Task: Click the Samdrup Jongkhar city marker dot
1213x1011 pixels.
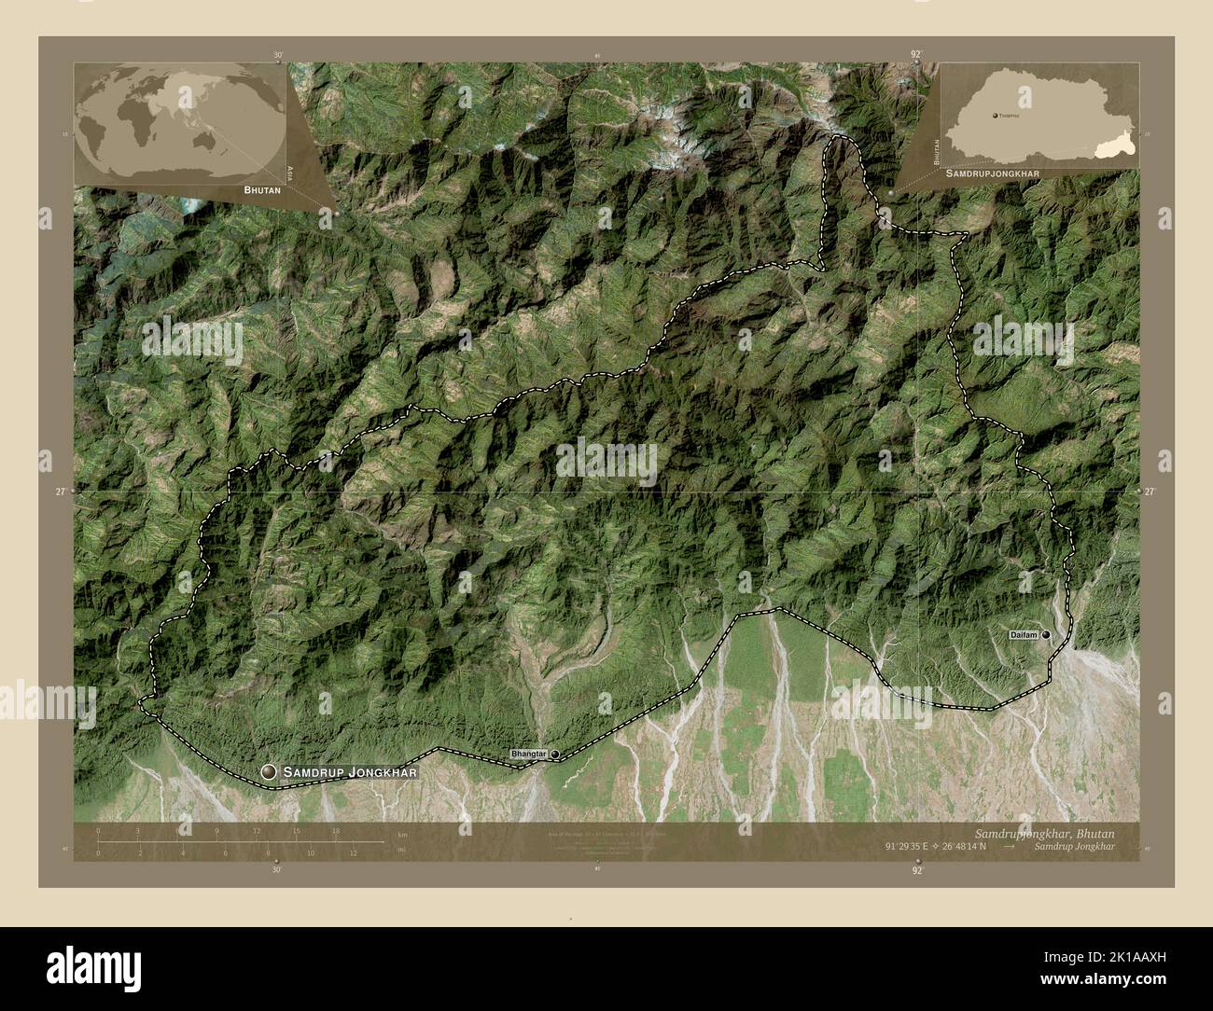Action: pos(270,771)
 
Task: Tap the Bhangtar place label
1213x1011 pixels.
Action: pos(528,753)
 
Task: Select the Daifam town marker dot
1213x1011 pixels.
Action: pos(1046,634)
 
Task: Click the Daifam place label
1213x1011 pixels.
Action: pos(1024,634)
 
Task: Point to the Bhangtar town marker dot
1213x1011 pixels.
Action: pos(554,754)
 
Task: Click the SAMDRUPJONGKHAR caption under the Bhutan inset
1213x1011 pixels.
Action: pos(993,173)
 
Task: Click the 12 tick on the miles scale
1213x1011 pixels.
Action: pos(354,850)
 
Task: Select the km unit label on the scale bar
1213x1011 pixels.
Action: pos(402,834)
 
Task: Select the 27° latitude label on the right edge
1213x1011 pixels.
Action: pos(1149,491)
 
